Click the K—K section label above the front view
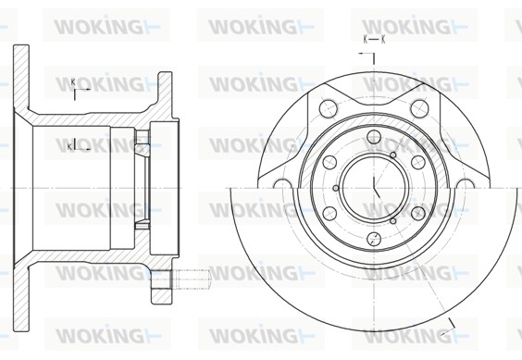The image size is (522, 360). tap(374, 40)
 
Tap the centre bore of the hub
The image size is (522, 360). tap(375, 188)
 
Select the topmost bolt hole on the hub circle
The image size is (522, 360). tap(374, 137)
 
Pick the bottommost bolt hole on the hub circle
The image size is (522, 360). tap(374, 239)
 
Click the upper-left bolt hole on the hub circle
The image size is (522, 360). tap(329, 162)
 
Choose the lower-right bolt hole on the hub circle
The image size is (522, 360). tap(418, 214)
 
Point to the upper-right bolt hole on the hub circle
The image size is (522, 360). tap(418, 162)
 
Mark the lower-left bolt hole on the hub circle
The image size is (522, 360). tap(329, 214)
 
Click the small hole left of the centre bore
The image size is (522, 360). tap(336, 188)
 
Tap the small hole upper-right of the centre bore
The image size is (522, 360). tap(392, 155)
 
